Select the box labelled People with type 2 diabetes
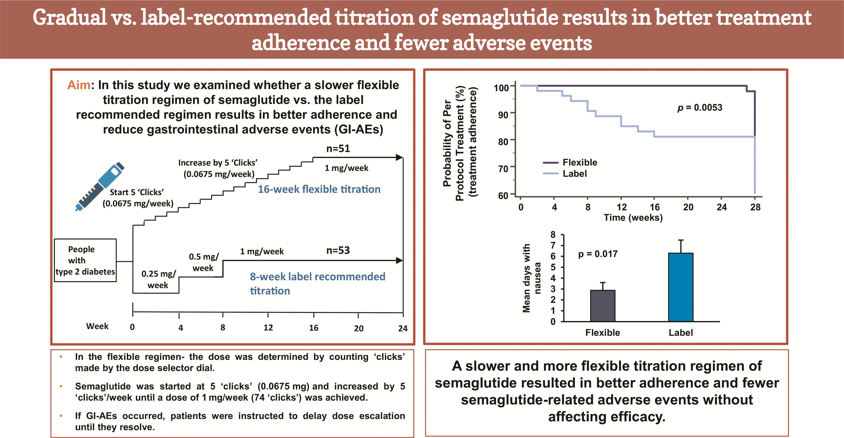85,260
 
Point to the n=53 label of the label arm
338,250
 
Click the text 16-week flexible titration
319,189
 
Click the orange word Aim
79,85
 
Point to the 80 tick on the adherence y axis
503,142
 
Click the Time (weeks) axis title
633,217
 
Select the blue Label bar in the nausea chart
680,287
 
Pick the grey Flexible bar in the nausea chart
603,306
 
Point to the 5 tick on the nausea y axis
553,267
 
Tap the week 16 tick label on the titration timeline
314,328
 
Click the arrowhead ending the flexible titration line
399,157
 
